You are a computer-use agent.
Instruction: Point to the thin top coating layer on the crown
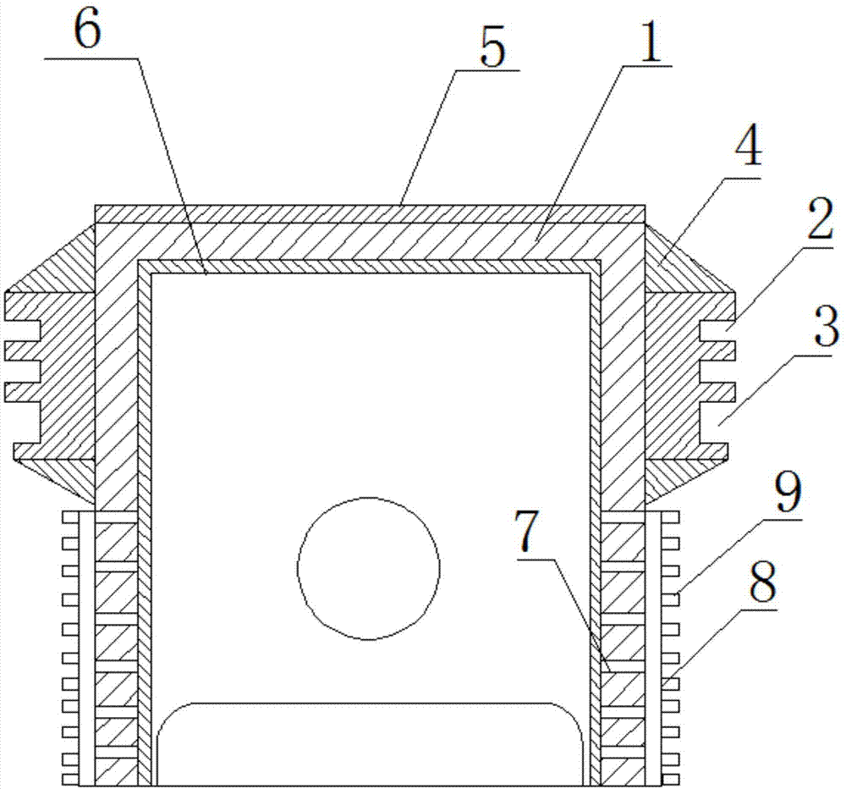tap(369, 213)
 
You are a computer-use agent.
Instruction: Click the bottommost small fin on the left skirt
tap(69, 777)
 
